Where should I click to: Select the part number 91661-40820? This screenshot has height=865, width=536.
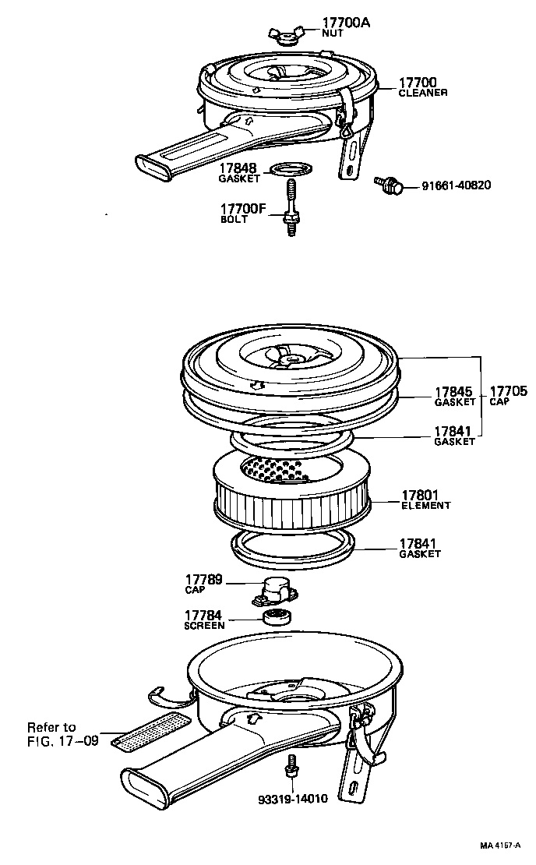(x=457, y=185)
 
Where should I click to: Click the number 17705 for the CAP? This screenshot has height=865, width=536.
(x=507, y=392)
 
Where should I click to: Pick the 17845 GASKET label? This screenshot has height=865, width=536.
(x=454, y=397)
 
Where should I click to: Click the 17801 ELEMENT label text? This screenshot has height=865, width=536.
(x=425, y=499)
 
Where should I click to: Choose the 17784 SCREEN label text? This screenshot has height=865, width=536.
(x=205, y=620)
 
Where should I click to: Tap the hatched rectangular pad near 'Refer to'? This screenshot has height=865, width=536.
(x=150, y=731)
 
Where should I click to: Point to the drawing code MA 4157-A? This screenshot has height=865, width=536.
(x=499, y=846)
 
